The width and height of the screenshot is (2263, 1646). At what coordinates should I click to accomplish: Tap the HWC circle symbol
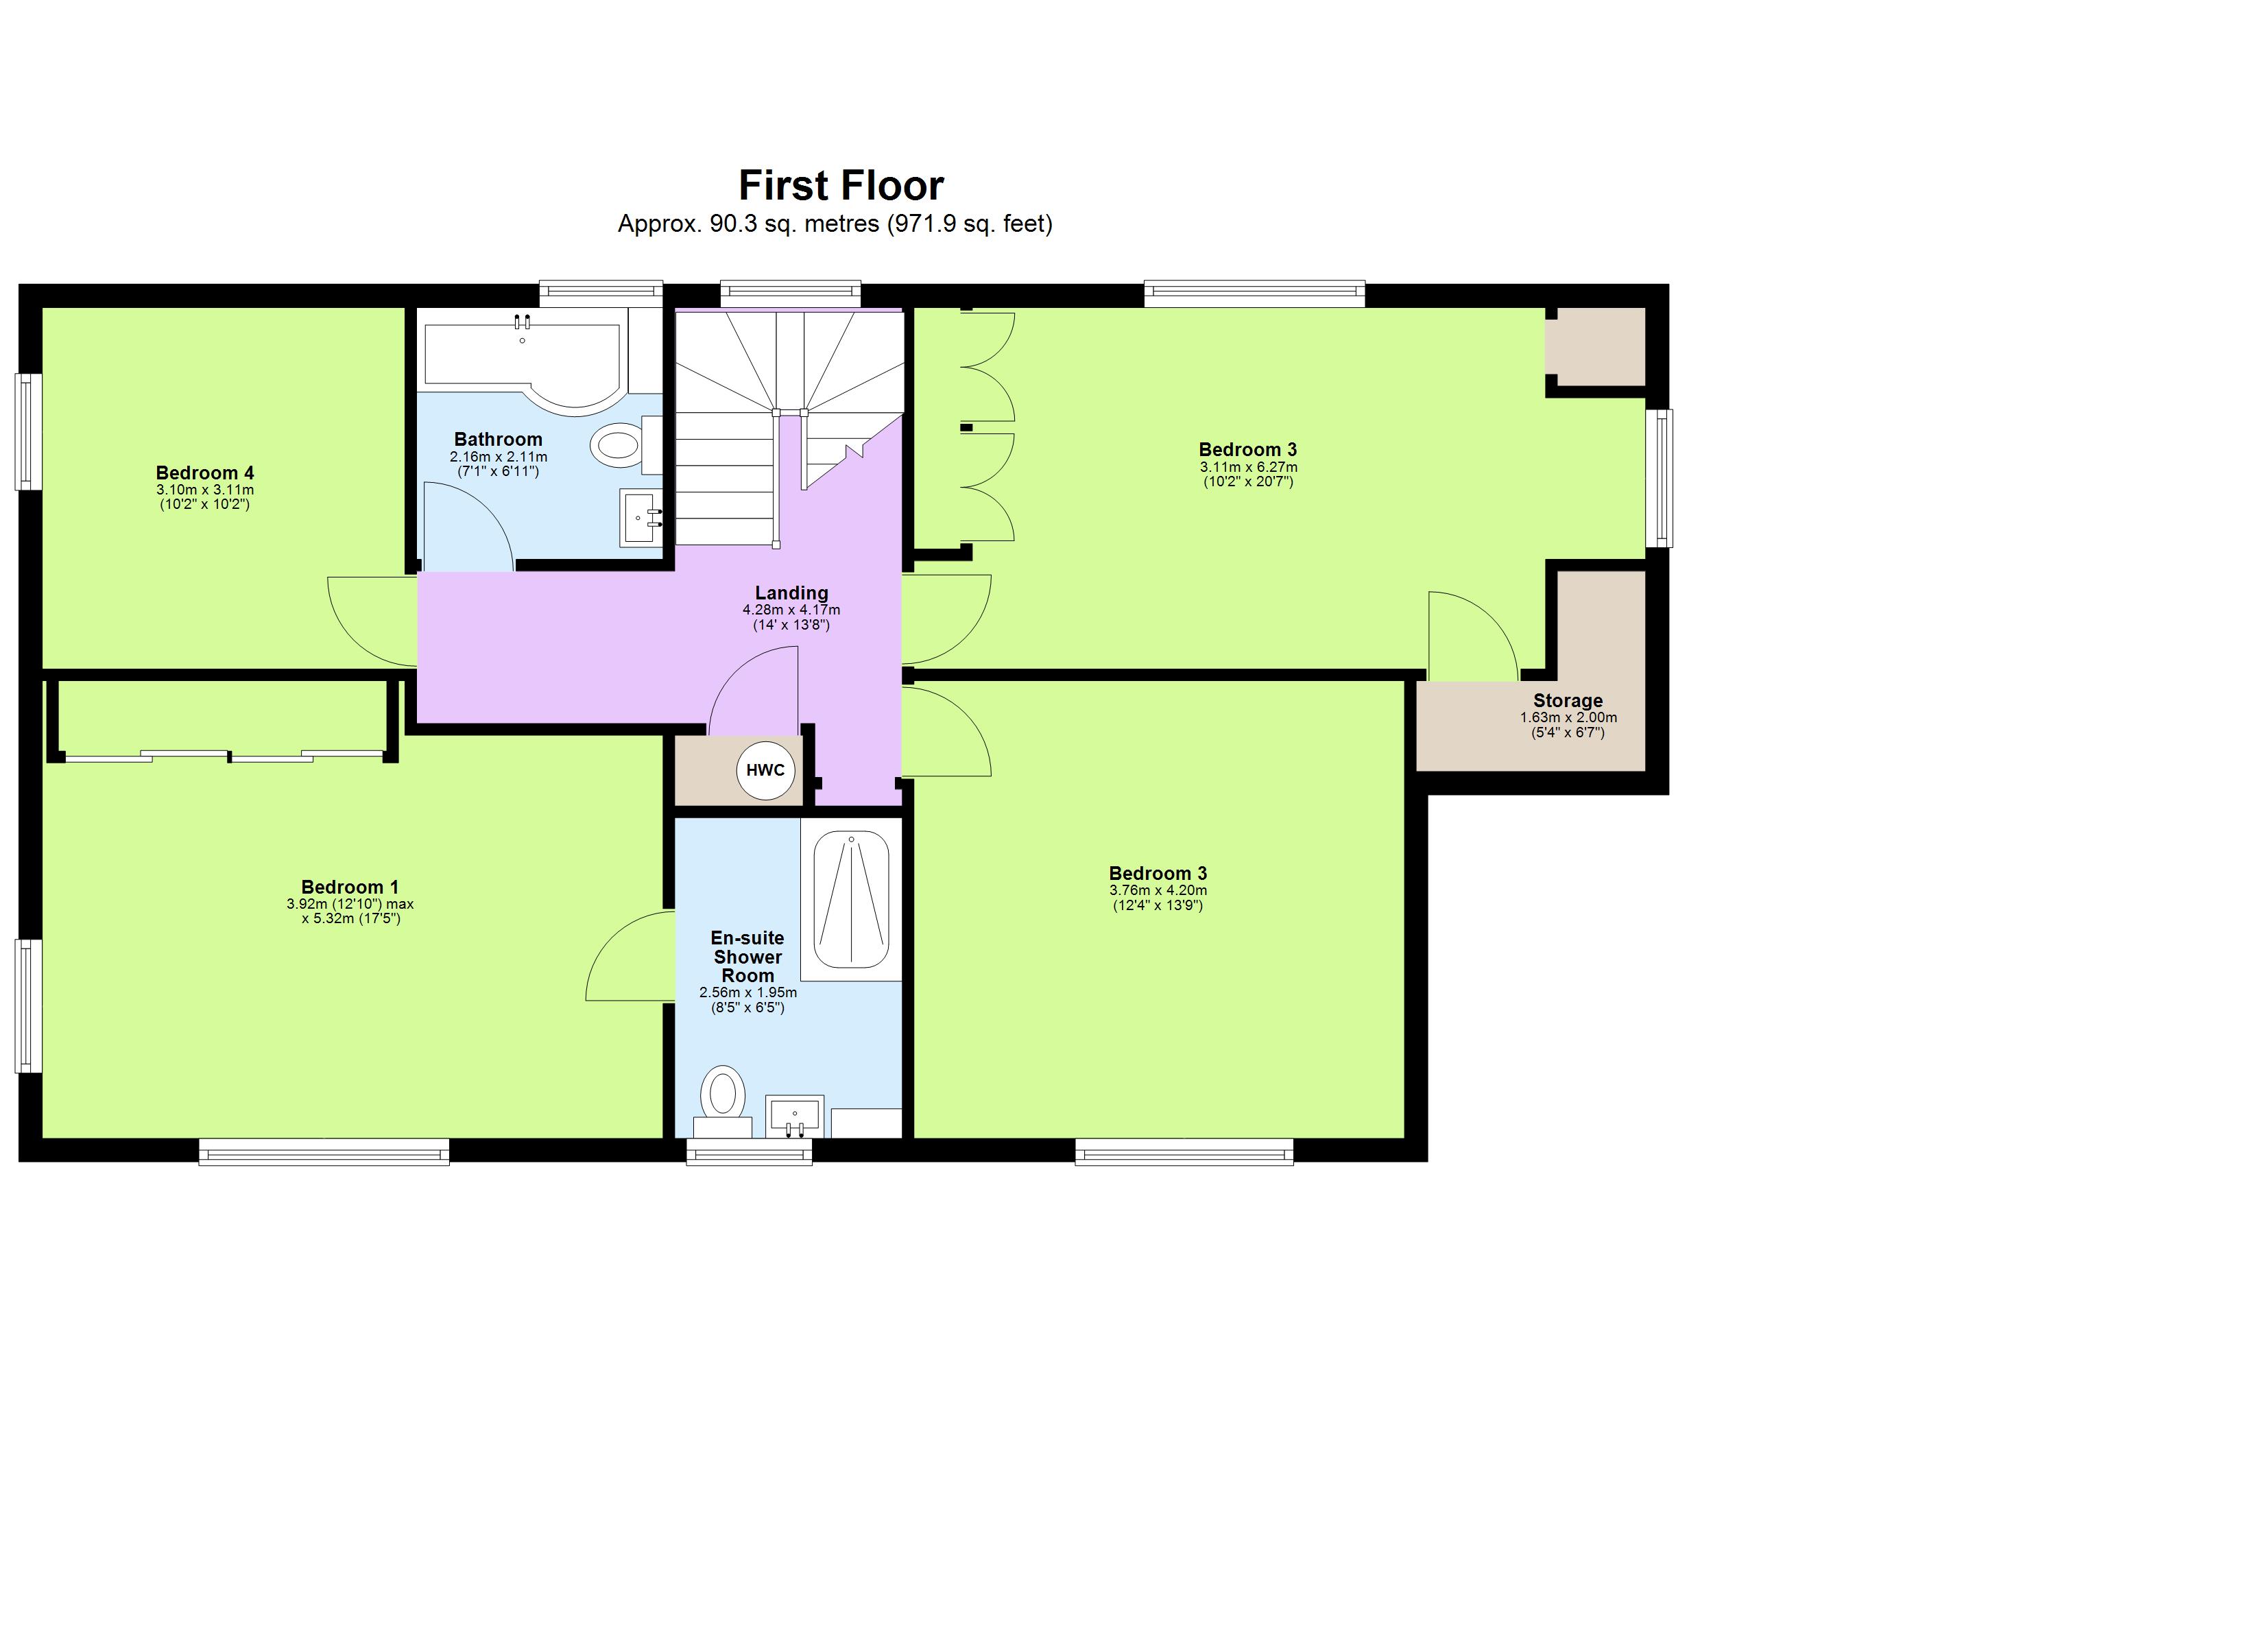[x=765, y=771]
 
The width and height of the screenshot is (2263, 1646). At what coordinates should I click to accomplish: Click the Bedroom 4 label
[x=204, y=473]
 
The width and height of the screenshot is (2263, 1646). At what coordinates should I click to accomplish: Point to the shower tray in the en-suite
[x=850, y=899]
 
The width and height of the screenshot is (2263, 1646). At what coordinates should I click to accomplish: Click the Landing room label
[x=791, y=593]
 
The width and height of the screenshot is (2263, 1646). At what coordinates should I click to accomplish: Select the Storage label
[x=1568, y=701]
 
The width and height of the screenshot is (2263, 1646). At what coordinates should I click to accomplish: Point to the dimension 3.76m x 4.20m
[x=1158, y=890]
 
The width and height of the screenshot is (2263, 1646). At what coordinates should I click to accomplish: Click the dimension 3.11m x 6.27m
[x=1248, y=467]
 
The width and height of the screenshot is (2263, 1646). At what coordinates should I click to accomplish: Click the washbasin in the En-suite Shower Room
[x=794, y=1116]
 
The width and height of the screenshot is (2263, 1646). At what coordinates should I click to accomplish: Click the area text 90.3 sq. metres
[x=748, y=224]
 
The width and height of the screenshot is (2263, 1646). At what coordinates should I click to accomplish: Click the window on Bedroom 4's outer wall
[x=29, y=431]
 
